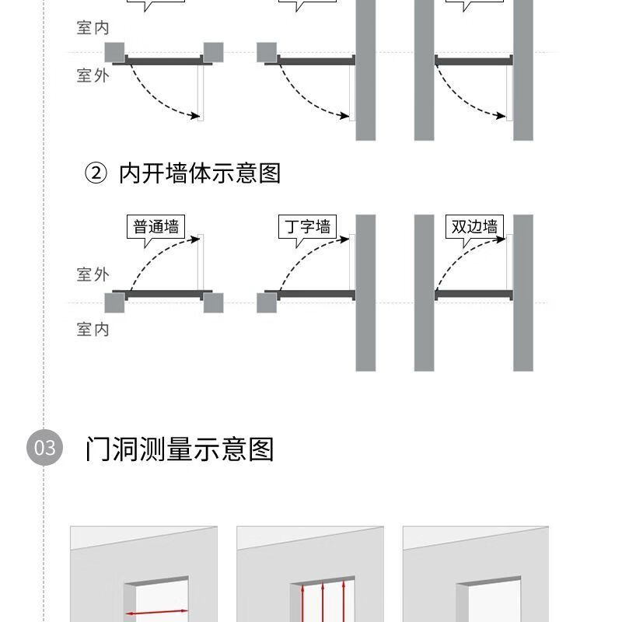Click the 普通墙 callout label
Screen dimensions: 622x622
pyautogui.click(x=155, y=227)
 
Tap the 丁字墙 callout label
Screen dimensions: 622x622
pyautogui.click(x=307, y=227)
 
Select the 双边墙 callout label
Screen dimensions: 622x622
pyautogui.click(x=474, y=227)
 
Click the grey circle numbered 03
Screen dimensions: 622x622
pyautogui.click(x=44, y=448)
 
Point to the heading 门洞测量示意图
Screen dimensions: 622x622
pyautogui.click(x=180, y=449)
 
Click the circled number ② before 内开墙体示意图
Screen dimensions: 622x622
pyautogui.click(x=95, y=173)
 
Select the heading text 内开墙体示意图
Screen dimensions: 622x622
pyautogui.click(x=200, y=173)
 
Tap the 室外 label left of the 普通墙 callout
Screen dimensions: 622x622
pyautogui.click(x=93, y=274)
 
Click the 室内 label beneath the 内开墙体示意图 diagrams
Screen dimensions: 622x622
pyautogui.click(x=93, y=330)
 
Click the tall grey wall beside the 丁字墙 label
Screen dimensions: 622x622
pyautogui.click(x=365, y=292)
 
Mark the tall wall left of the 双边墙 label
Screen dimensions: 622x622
pyautogui.click(x=424, y=292)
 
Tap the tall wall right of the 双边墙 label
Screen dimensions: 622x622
pyautogui.click(x=523, y=292)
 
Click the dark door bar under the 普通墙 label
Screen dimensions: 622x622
pyautogui.click(x=163, y=295)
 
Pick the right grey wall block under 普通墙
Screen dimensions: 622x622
pyautogui.click(x=213, y=302)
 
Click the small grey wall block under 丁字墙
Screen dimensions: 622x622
pyautogui.click(x=267, y=302)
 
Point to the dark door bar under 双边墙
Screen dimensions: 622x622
pyautogui.click(x=473, y=295)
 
